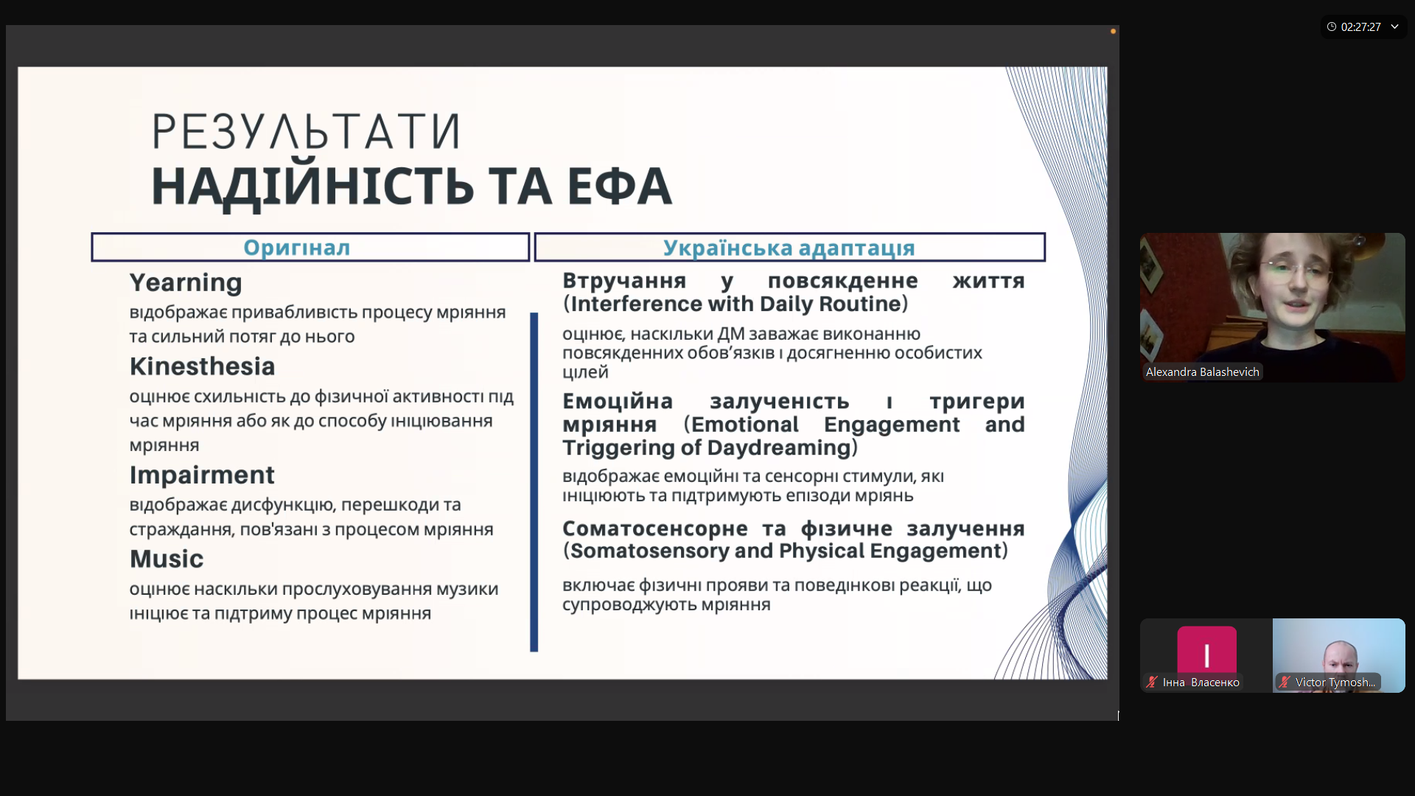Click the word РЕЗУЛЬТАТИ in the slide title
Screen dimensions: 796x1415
(x=306, y=132)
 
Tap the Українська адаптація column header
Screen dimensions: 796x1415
(x=789, y=248)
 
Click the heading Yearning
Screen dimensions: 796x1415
(x=186, y=282)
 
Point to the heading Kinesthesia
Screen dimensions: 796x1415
(x=203, y=366)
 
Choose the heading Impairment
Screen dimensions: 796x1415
(x=202, y=475)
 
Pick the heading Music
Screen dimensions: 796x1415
(x=167, y=559)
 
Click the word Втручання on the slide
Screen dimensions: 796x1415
(x=624, y=281)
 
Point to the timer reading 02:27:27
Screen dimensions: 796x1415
(x=1360, y=27)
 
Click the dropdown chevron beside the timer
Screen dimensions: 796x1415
(x=1394, y=27)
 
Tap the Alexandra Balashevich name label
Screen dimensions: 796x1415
(x=1202, y=372)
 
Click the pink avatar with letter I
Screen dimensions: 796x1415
(x=1206, y=652)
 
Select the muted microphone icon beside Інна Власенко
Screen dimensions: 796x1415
(x=1152, y=682)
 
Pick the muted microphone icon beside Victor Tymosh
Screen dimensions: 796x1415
(x=1285, y=682)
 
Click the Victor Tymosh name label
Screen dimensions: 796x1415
(x=1335, y=682)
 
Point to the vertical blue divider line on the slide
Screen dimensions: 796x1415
(x=534, y=482)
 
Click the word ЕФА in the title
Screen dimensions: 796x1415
(x=619, y=186)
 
